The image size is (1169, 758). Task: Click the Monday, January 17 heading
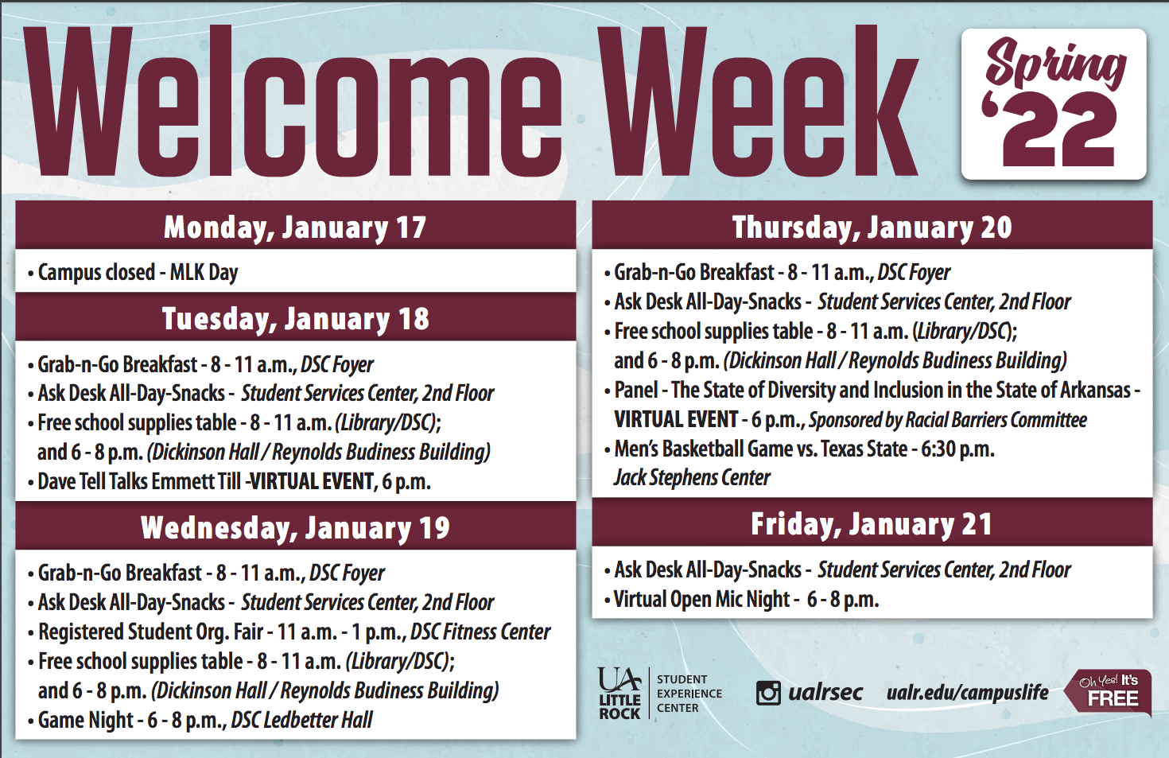click(295, 227)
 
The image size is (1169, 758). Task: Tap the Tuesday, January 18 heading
click(295, 319)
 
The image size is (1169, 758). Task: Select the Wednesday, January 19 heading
click(295, 527)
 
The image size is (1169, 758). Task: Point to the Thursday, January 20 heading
click(872, 227)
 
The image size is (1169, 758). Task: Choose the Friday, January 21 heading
click(872, 524)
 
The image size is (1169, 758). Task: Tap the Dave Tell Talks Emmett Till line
click(234, 481)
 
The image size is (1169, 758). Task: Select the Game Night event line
click(205, 720)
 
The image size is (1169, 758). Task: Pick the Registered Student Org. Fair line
click(294, 632)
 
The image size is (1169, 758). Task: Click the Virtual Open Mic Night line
click(746, 599)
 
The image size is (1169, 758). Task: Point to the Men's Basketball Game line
click(804, 449)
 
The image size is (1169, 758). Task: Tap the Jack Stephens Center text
click(692, 477)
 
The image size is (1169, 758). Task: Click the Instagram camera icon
click(768, 693)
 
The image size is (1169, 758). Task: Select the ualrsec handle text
click(825, 692)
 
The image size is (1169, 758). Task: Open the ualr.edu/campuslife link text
click(967, 693)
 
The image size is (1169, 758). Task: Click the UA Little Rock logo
click(619, 694)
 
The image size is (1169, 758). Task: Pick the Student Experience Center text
click(689, 694)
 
